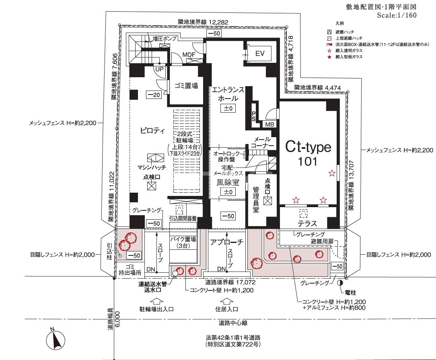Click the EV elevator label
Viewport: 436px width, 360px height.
coord(260,53)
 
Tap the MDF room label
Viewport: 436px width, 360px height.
coord(189,54)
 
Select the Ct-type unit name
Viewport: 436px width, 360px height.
coord(308,147)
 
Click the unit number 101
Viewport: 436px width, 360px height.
coord(308,161)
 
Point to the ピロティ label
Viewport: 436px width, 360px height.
coord(152,130)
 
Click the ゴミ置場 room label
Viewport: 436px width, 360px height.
coord(186,86)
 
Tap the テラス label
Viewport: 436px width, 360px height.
coord(307,224)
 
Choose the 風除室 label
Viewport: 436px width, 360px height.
coord(228,182)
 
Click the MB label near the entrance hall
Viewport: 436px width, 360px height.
coord(269,124)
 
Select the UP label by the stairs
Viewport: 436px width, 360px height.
coord(159,69)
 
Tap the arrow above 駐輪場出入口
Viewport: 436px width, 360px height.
coord(156,301)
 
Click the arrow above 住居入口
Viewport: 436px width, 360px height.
coord(226,301)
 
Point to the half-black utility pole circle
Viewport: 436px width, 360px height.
coord(339,283)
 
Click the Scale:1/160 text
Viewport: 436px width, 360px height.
coord(397,15)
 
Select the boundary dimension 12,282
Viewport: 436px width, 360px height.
coord(218,22)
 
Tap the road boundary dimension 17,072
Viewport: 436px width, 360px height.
coord(245,283)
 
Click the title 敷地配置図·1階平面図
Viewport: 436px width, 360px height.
coord(381,7)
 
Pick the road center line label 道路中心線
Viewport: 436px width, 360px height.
coord(233,323)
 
